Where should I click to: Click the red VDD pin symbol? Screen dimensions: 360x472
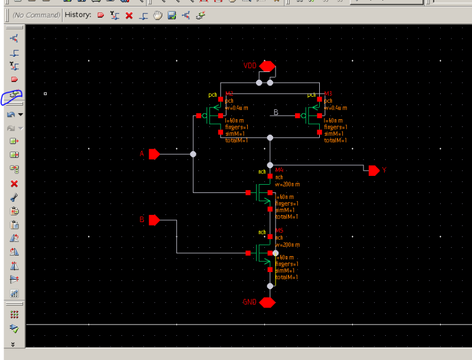(x=268, y=66)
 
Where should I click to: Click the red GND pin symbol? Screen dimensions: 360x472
(x=268, y=302)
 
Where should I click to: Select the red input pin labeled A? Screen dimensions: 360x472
(x=155, y=154)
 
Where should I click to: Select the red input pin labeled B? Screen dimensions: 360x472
(x=155, y=220)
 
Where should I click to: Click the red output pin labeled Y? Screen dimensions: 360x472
(x=373, y=171)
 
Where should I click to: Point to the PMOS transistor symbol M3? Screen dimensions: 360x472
(x=311, y=116)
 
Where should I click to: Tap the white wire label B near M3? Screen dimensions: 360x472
(x=276, y=112)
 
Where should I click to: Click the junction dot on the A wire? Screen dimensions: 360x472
(x=193, y=154)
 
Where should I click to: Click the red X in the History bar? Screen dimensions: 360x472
(x=129, y=15)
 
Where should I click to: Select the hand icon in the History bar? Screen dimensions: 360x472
(x=158, y=15)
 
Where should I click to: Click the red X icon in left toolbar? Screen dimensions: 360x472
(x=14, y=184)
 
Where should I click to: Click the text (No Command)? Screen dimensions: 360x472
(x=35, y=15)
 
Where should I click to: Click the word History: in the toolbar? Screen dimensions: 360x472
(x=77, y=15)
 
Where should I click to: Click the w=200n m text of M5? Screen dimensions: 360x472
(x=287, y=244)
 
